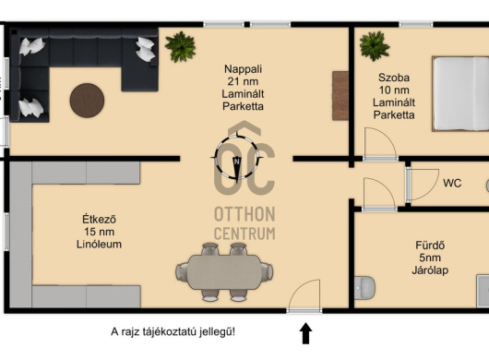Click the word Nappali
(243, 69)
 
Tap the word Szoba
(394, 78)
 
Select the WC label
(452, 183)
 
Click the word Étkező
(99, 219)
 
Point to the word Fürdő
(430, 246)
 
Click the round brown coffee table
(87, 100)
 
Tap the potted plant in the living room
(180, 46)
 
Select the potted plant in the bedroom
(375, 46)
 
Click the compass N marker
(237, 162)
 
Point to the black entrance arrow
(305, 333)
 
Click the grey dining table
(224, 272)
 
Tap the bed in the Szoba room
(460, 93)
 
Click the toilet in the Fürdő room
(364, 287)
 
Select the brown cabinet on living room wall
(340, 95)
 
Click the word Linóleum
(99, 244)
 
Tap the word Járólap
(430, 270)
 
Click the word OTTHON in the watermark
(244, 214)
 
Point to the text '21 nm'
(243, 82)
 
